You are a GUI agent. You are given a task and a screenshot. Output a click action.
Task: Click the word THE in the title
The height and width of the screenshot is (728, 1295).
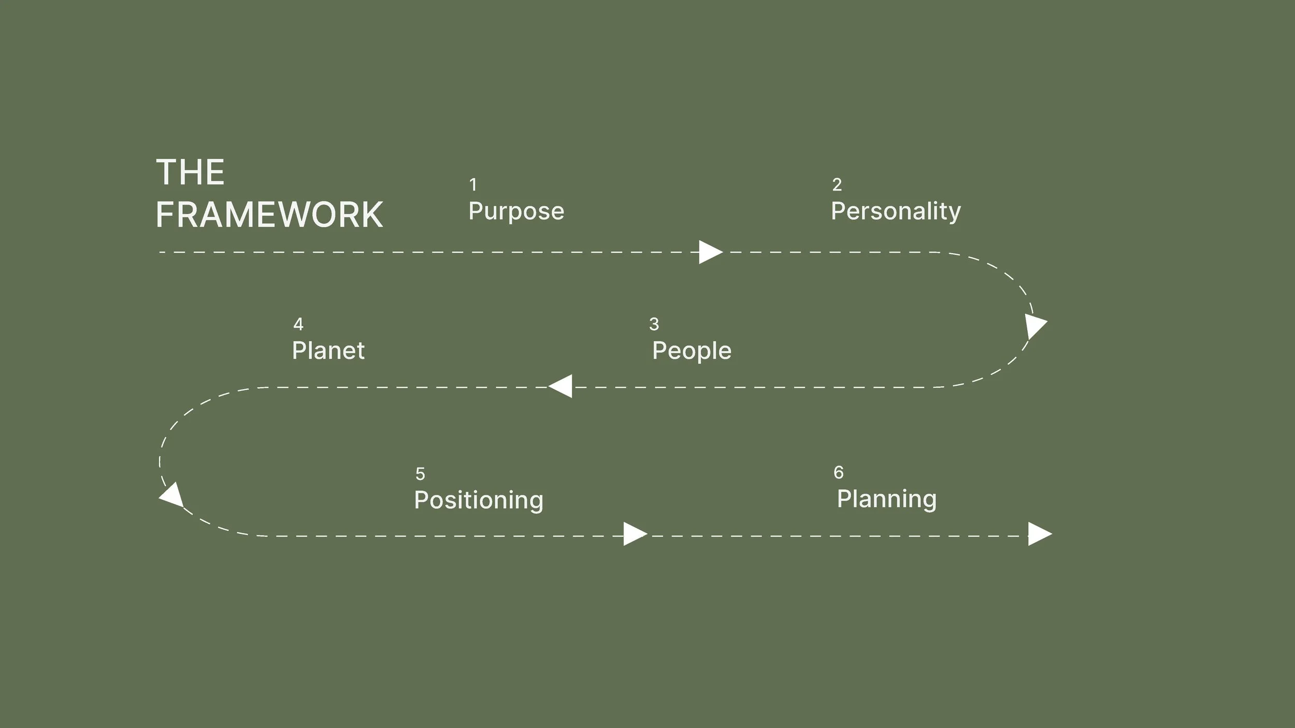click(190, 172)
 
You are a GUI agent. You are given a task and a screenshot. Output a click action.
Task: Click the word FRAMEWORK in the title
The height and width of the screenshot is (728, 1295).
click(269, 215)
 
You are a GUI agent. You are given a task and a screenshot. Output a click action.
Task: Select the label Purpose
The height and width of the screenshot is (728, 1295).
click(516, 212)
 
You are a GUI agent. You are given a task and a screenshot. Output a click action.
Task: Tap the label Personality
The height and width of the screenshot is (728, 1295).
click(896, 212)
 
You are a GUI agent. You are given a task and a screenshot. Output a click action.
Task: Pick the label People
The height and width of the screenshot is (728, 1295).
click(692, 351)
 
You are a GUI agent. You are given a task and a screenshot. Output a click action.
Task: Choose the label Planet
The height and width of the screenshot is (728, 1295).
click(328, 351)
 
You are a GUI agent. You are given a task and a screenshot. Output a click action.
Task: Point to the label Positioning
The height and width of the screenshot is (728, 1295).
click(479, 500)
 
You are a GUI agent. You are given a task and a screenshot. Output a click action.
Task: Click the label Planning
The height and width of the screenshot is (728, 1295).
click(886, 499)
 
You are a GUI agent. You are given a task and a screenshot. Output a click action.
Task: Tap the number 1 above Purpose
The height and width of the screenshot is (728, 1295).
click(472, 184)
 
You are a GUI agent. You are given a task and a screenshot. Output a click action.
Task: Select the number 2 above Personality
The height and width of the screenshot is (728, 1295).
click(837, 184)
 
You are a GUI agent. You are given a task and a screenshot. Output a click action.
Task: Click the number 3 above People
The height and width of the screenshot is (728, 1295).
click(654, 324)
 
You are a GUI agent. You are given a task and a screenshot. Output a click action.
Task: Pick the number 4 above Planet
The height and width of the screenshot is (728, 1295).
click(298, 324)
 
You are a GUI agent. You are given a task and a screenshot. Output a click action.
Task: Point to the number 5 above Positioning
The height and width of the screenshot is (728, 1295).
click(420, 474)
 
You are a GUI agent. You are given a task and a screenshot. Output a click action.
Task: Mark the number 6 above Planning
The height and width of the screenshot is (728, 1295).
click(838, 472)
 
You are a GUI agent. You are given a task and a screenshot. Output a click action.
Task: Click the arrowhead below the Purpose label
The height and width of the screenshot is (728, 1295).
click(710, 252)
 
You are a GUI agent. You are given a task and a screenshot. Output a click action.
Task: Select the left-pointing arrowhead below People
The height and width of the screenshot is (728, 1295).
click(562, 386)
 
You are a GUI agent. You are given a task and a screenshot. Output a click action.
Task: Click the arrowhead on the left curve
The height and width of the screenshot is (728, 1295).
click(172, 495)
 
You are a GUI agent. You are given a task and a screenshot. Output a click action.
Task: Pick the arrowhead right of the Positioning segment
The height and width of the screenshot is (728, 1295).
click(634, 534)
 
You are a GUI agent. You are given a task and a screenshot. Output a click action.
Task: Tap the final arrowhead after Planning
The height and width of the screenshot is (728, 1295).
click(1039, 534)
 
